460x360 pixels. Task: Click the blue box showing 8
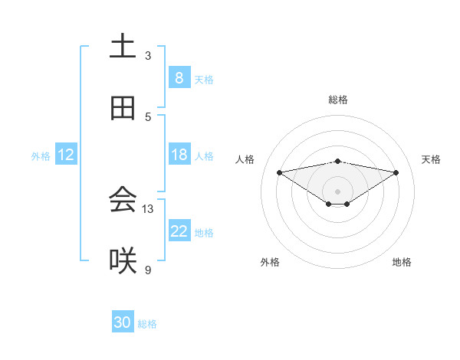tap(179, 78)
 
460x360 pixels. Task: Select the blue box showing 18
tap(179, 155)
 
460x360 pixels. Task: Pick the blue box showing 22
tap(179, 231)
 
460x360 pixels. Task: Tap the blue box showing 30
tap(123, 322)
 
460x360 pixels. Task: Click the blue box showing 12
tap(66, 155)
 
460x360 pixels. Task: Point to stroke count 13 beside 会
tap(148, 208)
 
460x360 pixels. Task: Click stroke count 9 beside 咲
tap(148, 270)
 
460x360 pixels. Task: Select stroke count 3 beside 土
tap(148, 55)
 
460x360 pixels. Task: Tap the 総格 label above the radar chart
tap(338, 100)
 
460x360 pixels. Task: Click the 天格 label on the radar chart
tap(432, 159)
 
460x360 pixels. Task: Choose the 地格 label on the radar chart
tap(402, 262)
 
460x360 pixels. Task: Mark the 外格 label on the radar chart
tap(270, 262)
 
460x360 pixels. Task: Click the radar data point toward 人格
tap(279, 172)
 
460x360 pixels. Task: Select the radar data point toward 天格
tap(396, 172)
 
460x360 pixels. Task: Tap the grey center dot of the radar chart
tap(338, 191)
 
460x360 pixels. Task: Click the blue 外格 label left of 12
tap(41, 155)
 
